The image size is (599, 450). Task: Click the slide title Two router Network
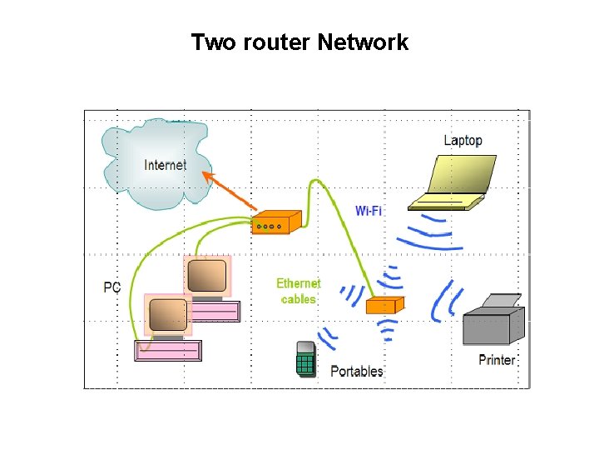[x=299, y=42]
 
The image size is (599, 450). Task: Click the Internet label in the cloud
[x=165, y=165]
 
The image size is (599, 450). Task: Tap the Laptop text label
[x=463, y=140]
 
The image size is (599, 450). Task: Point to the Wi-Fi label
[x=369, y=211]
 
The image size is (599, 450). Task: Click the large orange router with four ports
[x=275, y=222]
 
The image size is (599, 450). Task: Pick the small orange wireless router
[x=384, y=305]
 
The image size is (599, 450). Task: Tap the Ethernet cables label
[x=299, y=291]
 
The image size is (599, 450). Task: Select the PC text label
[x=112, y=287]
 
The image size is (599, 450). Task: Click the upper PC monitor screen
[x=206, y=275]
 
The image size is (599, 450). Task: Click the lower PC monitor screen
[x=166, y=315]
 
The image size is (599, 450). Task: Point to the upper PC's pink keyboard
[x=214, y=312]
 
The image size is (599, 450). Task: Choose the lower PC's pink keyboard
[x=168, y=351]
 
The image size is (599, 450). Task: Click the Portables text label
[x=357, y=371]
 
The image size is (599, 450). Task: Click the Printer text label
[x=497, y=360]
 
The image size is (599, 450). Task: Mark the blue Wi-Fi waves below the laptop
[x=429, y=232]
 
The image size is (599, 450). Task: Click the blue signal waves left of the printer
[x=445, y=302]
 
